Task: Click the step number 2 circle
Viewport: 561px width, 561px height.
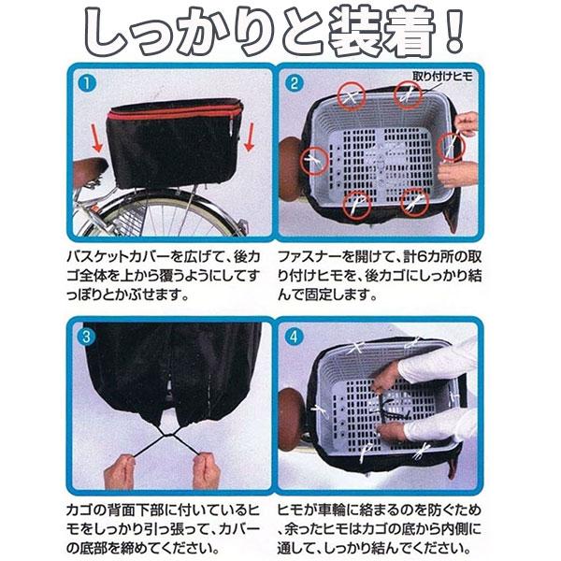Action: click(296, 83)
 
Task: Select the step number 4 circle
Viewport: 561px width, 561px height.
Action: click(296, 333)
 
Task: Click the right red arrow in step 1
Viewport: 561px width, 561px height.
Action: click(249, 141)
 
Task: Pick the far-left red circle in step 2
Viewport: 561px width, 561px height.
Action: click(310, 162)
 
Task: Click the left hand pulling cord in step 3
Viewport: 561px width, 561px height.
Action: click(119, 472)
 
